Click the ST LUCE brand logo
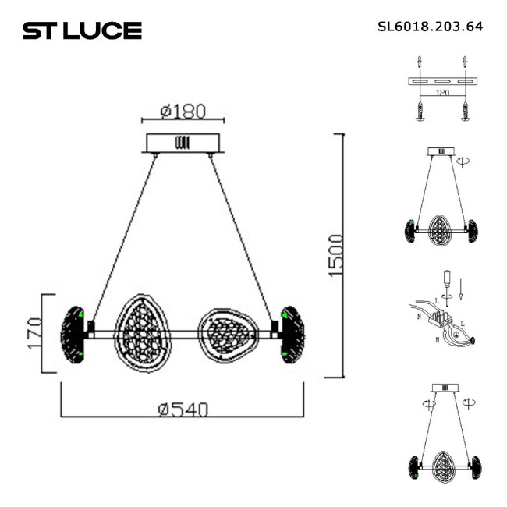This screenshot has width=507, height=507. point(82,30)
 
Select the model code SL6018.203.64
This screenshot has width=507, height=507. point(430,26)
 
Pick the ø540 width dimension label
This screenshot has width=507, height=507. point(183,409)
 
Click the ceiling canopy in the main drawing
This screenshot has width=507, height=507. point(183,143)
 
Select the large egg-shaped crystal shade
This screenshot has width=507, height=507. point(143,333)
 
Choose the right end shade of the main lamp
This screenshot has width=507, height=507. point(292,334)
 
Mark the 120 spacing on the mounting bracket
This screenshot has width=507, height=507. point(443,92)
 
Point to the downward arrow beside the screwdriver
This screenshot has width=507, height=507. point(462,289)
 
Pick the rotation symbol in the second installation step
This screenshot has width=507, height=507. point(464,160)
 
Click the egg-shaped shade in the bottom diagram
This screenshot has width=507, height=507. point(442,465)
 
